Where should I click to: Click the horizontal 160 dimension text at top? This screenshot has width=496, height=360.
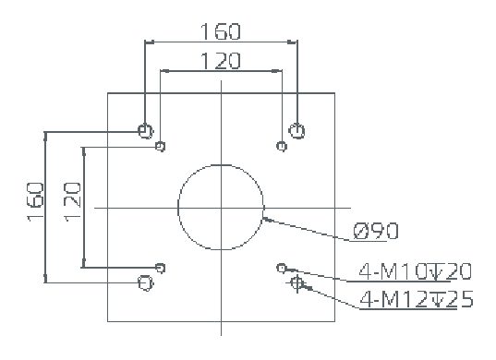[x=221, y=31]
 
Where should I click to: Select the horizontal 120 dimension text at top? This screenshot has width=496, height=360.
[x=221, y=61]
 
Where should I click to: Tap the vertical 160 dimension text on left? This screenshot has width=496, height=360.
[x=35, y=202]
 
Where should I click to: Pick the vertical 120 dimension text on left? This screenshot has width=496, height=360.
[x=72, y=202]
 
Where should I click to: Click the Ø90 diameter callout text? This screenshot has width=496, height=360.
[x=376, y=231]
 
